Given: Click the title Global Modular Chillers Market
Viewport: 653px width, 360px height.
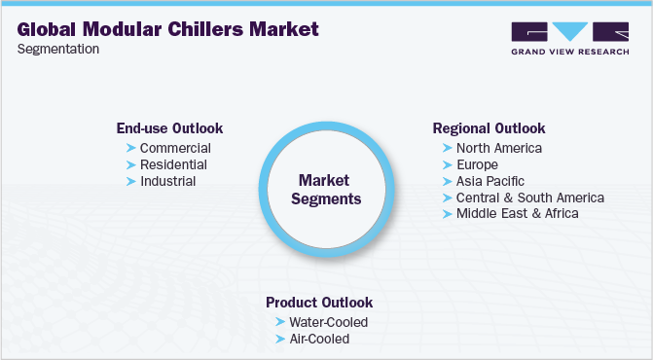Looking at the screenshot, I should pos(167,28).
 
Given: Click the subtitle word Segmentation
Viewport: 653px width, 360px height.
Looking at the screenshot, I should pos(58,50).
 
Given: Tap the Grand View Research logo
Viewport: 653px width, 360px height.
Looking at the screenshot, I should pos(569,36).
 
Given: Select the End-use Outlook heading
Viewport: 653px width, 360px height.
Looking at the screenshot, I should pos(169,128).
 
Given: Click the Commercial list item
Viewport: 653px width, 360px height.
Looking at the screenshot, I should pos(175,148).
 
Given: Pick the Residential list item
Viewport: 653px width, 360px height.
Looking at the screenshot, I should pos(173,164).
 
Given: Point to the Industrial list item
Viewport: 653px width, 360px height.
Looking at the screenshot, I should pos(167,181).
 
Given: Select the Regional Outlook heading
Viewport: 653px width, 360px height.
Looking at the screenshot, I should pos(489,128).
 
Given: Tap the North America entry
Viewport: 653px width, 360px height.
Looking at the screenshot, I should pos(498,148).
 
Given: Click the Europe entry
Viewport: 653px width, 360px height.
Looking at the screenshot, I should pos(477,164).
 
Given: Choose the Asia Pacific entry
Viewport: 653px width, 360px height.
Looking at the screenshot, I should pos(490,181).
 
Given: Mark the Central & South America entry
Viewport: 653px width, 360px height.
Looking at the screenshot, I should pos(529,198).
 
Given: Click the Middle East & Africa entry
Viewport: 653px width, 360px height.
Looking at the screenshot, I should pos(517,213).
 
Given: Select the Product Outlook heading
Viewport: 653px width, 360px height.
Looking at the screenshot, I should pos(319,303).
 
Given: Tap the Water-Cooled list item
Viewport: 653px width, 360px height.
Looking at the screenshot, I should pos(328,322).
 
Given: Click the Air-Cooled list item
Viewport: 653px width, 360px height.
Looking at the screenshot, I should pos(318,339).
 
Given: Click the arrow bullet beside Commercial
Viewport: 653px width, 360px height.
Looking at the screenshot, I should pos(130,148).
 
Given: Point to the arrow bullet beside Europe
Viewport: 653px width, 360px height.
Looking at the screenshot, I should pos(447,164).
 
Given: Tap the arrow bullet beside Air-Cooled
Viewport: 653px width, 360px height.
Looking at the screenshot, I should pos(280,339).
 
